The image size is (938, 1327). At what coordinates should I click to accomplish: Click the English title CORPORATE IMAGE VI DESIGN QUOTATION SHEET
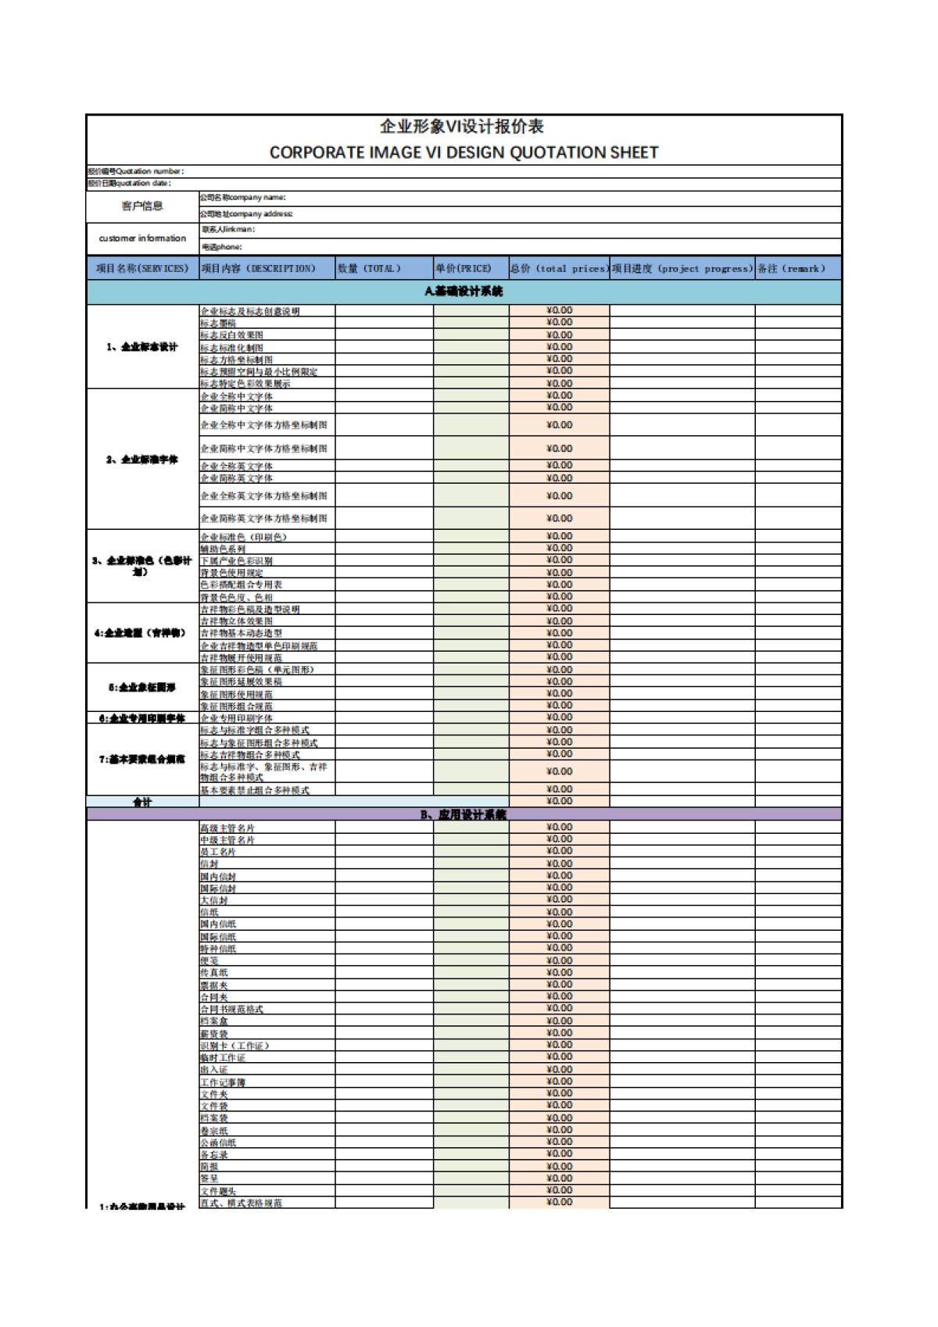(x=464, y=152)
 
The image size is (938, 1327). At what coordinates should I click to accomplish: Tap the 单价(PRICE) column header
(x=464, y=268)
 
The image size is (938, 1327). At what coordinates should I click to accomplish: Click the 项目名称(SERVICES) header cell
(x=142, y=268)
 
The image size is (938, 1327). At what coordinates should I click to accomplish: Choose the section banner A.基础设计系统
(x=464, y=292)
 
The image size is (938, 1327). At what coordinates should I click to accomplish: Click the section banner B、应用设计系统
(x=464, y=814)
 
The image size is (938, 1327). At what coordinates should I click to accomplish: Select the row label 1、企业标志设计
(x=142, y=347)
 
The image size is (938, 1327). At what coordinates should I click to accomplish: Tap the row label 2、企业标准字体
(x=142, y=460)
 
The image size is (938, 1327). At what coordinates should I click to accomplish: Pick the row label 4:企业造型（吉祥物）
(x=142, y=633)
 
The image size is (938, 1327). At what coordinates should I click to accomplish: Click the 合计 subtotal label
(x=142, y=802)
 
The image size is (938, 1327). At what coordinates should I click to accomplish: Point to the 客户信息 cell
(x=142, y=206)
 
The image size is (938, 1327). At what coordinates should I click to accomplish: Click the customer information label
(x=142, y=238)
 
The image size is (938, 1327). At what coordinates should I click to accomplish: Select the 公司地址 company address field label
(x=246, y=213)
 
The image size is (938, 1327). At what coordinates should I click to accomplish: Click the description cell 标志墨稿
(x=218, y=323)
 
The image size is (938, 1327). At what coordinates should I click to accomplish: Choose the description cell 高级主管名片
(x=227, y=828)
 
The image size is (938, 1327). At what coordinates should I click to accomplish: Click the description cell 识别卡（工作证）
(x=234, y=1046)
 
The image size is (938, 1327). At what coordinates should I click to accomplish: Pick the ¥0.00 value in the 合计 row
(x=559, y=801)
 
